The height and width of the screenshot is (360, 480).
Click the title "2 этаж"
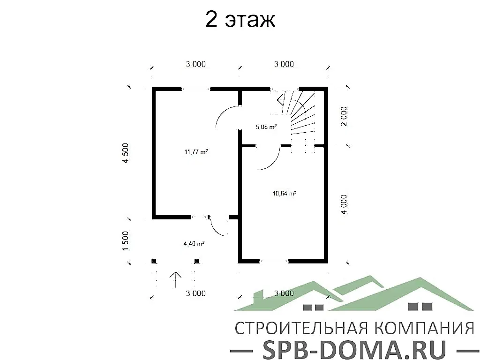(x=240, y=20)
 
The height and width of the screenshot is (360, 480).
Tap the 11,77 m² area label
(x=196, y=151)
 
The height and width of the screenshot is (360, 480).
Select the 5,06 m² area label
(x=266, y=127)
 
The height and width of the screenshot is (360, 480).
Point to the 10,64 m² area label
(x=285, y=193)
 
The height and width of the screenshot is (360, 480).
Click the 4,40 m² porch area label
(x=194, y=243)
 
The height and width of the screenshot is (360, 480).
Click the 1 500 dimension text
(x=125, y=241)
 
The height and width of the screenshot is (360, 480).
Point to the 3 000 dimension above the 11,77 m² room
(x=195, y=65)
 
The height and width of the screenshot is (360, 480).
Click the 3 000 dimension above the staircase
(x=284, y=65)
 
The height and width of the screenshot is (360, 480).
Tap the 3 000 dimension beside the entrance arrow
(x=195, y=294)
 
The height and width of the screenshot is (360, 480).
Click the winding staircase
(x=300, y=115)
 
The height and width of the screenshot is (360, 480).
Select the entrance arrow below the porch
(x=176, y=280)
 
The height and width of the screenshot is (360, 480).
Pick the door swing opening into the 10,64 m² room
(x=269, y=158)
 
